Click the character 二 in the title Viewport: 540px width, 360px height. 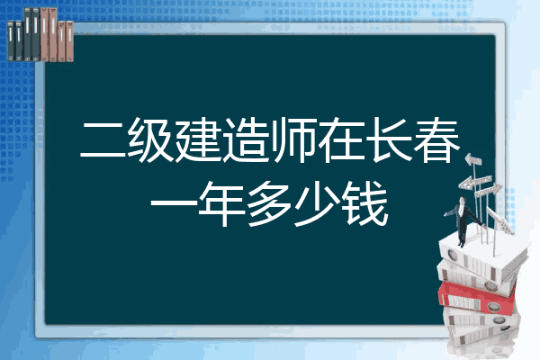(x=103, y=140)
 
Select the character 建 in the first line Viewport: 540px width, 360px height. (x=198, y=140)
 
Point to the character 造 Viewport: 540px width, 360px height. (x=246, y=140)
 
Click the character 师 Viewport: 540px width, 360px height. (x=293, y=140)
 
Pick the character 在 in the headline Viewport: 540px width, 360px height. (x=341, y=140)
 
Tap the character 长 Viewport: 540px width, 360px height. (x=389, y=140)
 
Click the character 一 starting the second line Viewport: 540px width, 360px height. (x=174, y=202)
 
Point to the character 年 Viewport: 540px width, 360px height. (x=221, y=203)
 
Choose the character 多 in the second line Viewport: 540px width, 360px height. (x=269, y=203)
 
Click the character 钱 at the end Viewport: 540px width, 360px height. (x=365, y=203)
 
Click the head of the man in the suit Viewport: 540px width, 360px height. (x=463, y=200)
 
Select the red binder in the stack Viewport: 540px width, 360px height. (x=477, y=297)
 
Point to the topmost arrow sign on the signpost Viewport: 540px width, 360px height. (x=473, y=160)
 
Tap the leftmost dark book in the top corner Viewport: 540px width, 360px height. (x=11, y=41)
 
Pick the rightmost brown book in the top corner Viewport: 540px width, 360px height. (x=69, y=41)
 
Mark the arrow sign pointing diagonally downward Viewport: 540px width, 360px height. (x=499, y=220)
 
